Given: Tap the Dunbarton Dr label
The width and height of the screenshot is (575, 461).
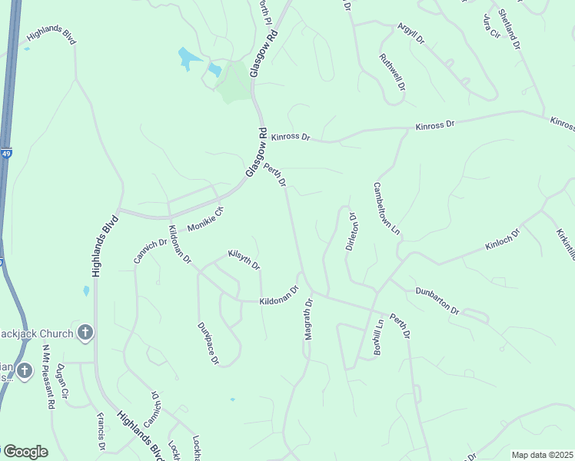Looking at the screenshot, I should coord(437,300).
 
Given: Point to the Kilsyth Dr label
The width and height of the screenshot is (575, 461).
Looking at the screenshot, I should coord(244,259).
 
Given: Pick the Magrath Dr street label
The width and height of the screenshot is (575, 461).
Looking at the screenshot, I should coord(309,318).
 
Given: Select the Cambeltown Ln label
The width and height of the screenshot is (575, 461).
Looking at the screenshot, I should coord(387,208).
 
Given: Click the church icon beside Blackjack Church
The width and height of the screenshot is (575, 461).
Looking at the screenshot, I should coord(85,333).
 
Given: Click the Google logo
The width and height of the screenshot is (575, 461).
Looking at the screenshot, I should coord(25,452).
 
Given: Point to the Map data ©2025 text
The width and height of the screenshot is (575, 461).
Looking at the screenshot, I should coord(543,455).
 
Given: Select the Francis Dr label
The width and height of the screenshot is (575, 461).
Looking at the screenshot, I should coord(101,432).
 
